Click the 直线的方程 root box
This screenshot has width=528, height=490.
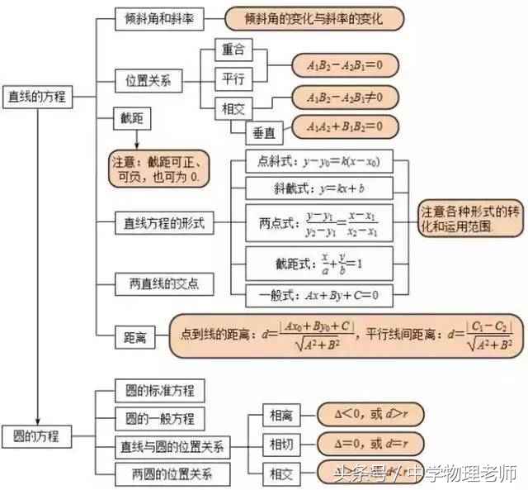coord(38,97)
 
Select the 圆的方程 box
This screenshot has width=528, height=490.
coord(37,434)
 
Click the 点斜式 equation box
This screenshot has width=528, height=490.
coord(319,160)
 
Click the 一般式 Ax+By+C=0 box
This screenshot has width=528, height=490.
coord(319,294)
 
